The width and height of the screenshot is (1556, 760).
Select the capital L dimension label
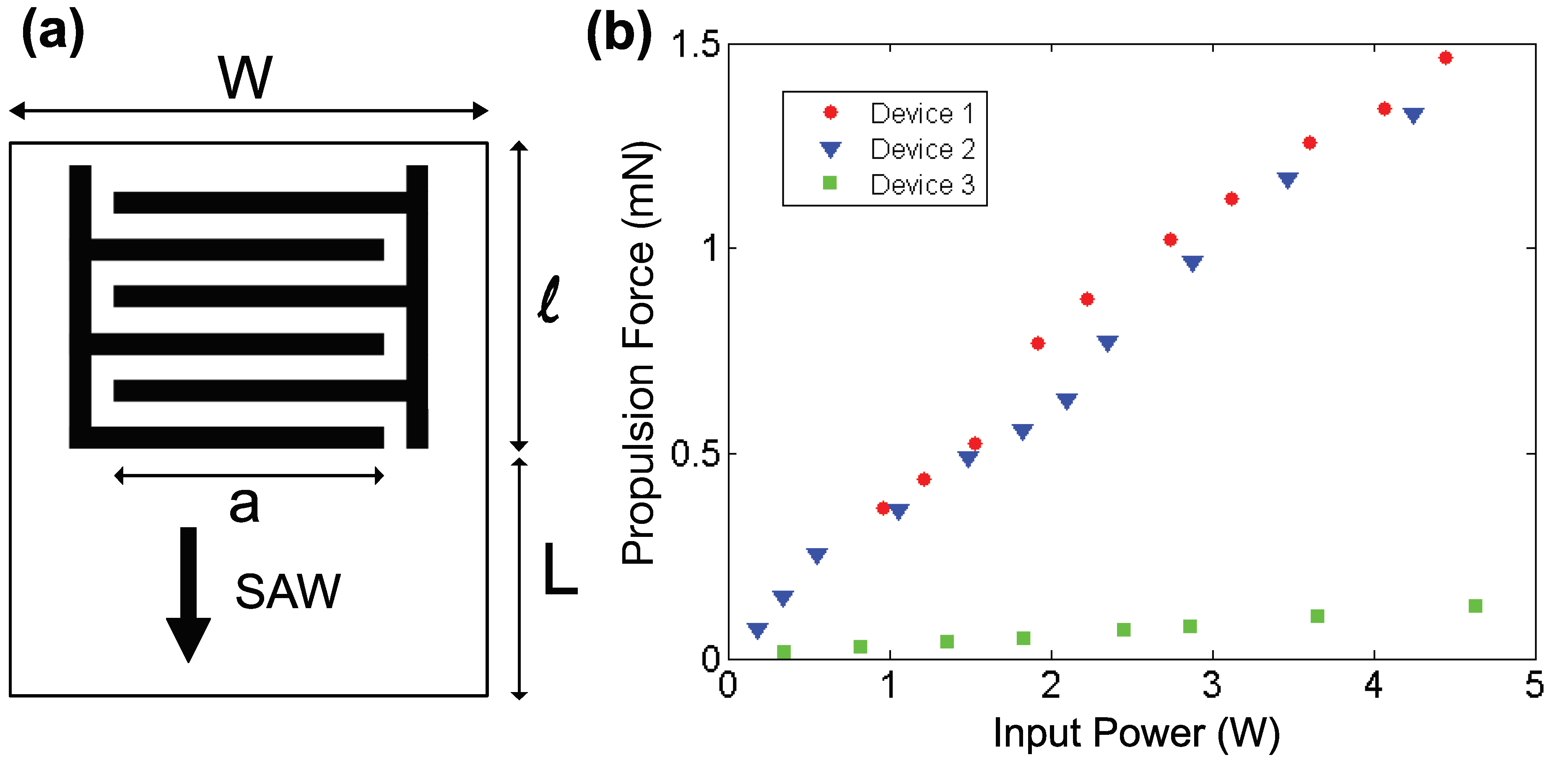coord(559,569)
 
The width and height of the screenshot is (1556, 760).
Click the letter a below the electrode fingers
coord(244,505)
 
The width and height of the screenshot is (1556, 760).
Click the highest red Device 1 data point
coord(1445,58)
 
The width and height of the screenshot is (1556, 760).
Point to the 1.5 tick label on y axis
coord(695,44)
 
